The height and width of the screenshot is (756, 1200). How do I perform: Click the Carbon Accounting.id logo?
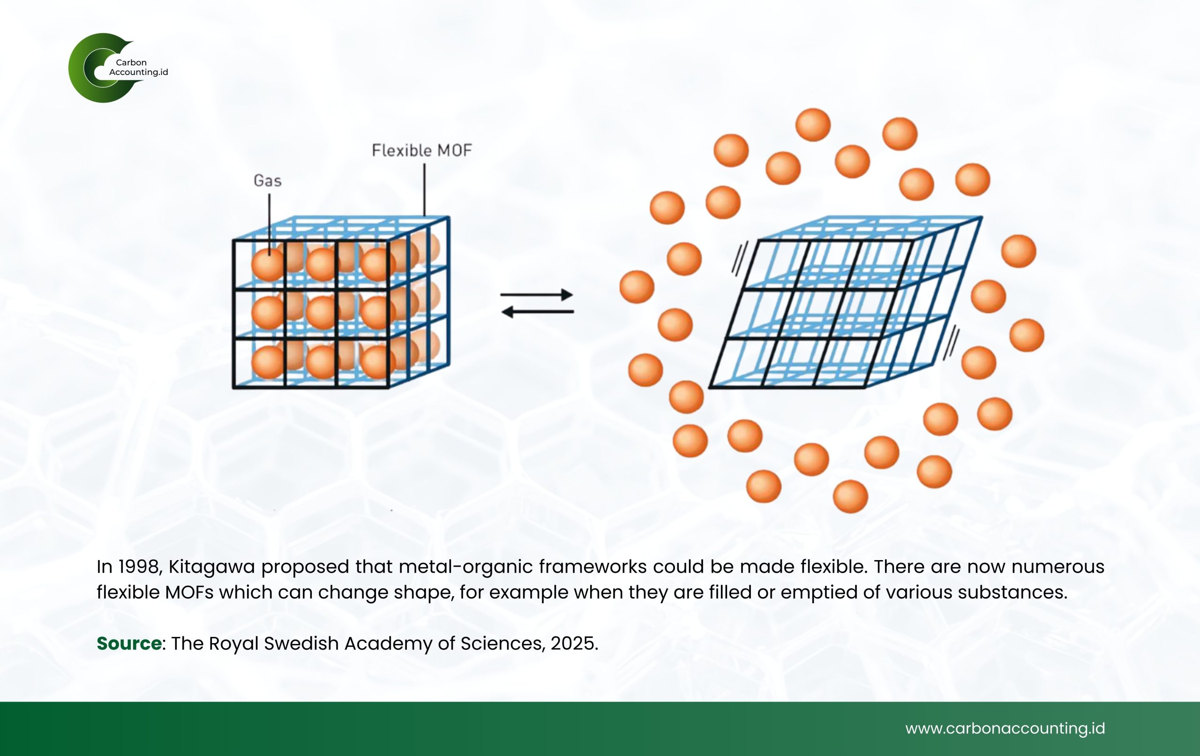pos(118,68)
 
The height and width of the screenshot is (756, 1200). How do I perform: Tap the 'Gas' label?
pos(268,180)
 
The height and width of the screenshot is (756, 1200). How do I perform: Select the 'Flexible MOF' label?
pos(421,150)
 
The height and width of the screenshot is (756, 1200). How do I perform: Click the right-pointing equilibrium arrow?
pos(537,294)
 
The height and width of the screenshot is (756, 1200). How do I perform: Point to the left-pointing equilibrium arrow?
pos(537,312)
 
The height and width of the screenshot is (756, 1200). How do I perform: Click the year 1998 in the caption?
pos(140,567)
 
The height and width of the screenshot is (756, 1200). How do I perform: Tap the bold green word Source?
pos(129,644)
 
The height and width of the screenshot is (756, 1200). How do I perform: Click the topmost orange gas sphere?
pos(813,125)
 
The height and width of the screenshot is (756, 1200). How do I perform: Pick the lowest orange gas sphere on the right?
pos(850,496)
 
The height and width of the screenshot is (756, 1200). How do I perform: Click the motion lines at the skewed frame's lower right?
pos(951,343)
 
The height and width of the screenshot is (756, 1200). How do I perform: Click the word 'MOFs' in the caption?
pos(189,592)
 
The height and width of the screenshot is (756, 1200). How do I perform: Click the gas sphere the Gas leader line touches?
pos(268,265)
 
